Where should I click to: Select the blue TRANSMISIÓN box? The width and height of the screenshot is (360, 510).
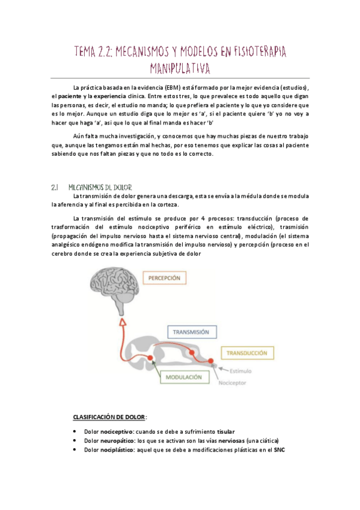point(191,331)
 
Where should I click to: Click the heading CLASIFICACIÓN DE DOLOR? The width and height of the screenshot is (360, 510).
point(109,417)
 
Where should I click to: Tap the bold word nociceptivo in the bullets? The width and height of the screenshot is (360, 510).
point(117,432)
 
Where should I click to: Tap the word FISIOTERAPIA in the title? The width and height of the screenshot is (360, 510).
point(246,52)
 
